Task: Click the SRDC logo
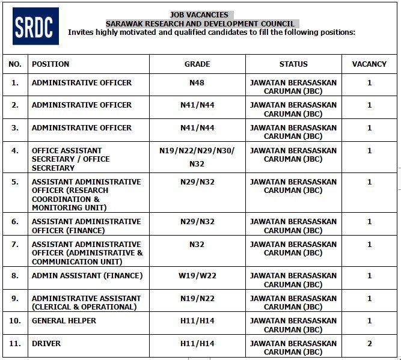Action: coord(35,26)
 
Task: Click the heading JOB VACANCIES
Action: coord(199,14)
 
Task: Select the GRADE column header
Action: coord(197,64)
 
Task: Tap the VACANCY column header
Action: coord(369,64)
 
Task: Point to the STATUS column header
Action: coord(293,64)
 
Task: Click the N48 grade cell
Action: coord(197,82)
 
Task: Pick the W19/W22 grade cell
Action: coord(197,276)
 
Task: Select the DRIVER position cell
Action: coord(46,344)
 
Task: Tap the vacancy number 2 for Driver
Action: coord(370,344)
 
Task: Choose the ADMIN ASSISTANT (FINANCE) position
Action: coord(87,276)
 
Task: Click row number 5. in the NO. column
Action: coord(15,182)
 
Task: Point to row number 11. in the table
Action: coord(15,344)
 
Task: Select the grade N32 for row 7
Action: coord(197,245)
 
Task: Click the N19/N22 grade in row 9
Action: coord(197,299)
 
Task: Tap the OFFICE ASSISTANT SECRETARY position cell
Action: coord(70,159)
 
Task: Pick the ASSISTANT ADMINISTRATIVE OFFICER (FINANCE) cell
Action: coord(86,226)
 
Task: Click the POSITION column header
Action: coord(51,64)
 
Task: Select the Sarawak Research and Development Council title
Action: coord(200,23)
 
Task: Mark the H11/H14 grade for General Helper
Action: coord(197,321)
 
